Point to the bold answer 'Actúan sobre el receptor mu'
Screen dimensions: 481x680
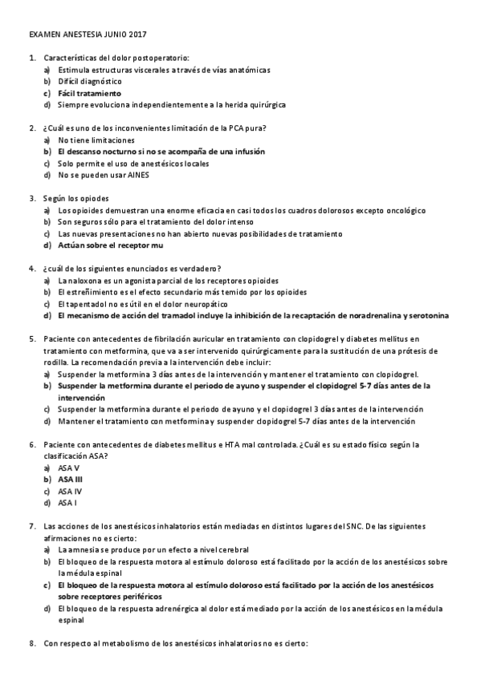(x=105, y=245)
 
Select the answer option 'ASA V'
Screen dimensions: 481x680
(x=69, y=467)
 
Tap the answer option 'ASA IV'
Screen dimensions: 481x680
(x=70, y=491)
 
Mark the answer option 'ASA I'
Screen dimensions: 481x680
(x=67, y=503)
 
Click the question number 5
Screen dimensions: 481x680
(x=31, y=339)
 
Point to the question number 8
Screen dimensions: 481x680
(x=31, y=644)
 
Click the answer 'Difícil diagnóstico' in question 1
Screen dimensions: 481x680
(x=90, y=82)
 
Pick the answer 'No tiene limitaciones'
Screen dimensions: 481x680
(x=96, y=140)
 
